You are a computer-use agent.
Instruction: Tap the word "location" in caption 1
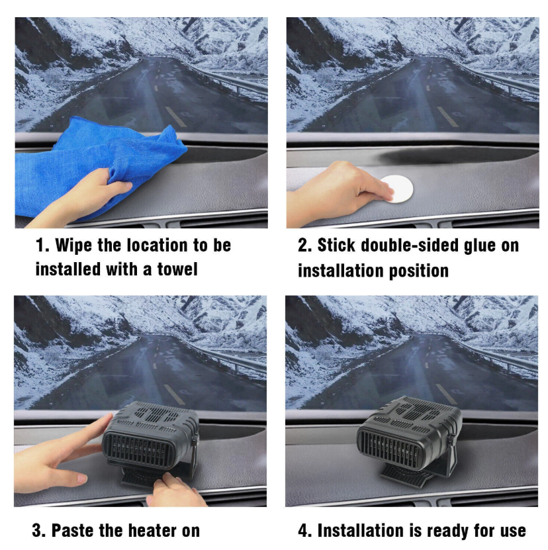[157, 245]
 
